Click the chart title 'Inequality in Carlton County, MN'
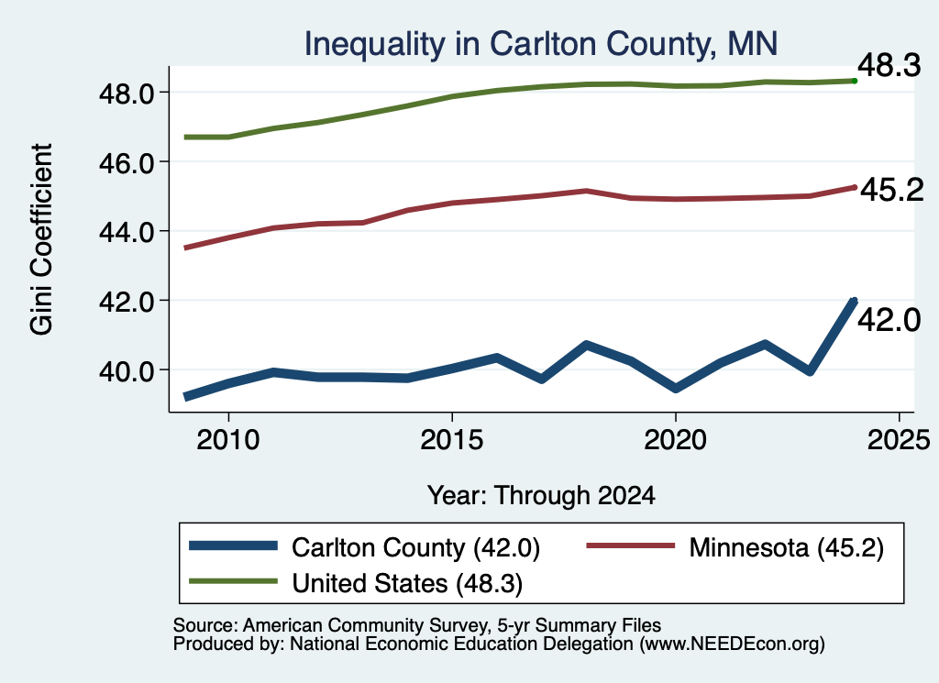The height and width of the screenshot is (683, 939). click(541, 44)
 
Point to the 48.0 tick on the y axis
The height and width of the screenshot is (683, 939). click(127, 94)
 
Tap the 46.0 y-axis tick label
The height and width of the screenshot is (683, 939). click(127, 163)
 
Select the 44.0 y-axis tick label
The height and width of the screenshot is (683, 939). click(127, 232)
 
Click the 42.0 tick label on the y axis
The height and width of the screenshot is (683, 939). click(127, 301)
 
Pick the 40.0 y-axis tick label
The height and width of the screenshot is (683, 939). click(127, 370)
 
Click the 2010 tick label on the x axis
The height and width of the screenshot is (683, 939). click(228, 441)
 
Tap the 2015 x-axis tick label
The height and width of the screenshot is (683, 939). click(451, 441)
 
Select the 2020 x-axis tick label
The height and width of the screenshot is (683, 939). click(676, 441)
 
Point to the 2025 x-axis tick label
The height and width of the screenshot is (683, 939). click(899, 441)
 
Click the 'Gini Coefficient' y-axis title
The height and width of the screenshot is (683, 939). click(41, 239)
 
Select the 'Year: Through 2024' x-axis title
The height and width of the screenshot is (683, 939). click(541, 496)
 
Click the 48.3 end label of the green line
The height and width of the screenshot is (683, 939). click(889, 65)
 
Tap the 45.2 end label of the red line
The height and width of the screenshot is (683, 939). click(892, 191)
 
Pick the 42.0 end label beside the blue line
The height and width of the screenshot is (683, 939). click(889, 320)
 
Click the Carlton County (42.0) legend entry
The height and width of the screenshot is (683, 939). click(365, 547)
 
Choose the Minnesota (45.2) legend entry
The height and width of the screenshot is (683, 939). click(735, 547)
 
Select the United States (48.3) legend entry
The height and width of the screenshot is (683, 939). click(356, 583)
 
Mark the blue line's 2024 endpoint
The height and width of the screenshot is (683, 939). click(854, 301)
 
